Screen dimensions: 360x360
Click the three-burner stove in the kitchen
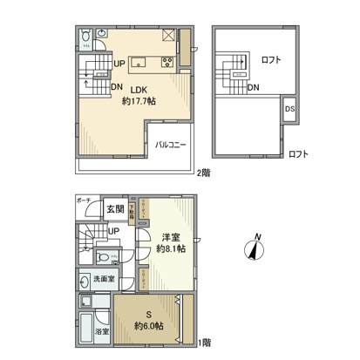(x=167, y=60)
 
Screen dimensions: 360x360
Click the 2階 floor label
(x=202, y=173)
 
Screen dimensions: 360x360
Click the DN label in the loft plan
(x=253, y=87)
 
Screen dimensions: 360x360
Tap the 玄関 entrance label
(x=115, y=210)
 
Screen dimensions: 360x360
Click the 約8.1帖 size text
(x=170, y=248)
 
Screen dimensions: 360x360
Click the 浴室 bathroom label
(x=102, y=331)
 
